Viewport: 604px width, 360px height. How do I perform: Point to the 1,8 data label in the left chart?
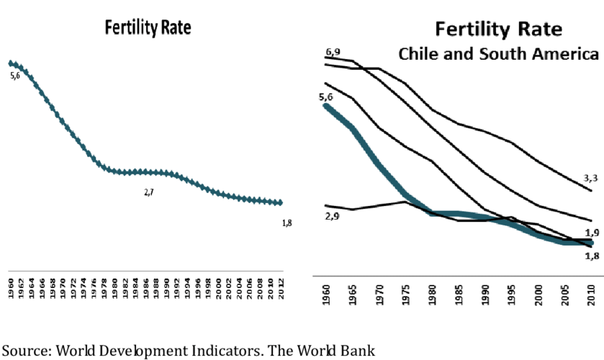point(286,223)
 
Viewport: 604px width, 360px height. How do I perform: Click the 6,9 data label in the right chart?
point(333,53)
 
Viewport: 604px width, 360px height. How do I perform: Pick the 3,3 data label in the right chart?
point(590,177)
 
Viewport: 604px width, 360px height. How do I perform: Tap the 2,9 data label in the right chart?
point(332,215)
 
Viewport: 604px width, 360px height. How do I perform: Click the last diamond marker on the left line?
point(281,202)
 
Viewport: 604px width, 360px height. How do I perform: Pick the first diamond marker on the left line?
point(12,63)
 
